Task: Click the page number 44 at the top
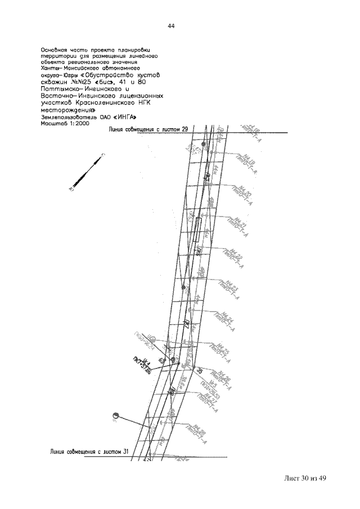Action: [172, 26]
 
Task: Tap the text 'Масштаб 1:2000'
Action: [65, 123]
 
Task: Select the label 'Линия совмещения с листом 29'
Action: [148, 129]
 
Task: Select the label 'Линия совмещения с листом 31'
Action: [90, 451]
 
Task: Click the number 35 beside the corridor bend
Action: [199, 371]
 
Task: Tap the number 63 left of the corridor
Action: [161, 360]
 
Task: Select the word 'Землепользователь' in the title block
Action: [65, 116]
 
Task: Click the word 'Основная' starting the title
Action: [55, 49]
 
